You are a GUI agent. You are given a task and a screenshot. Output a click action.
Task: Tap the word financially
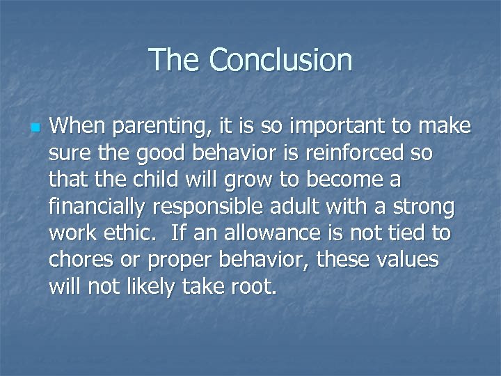click(x=100, y=206)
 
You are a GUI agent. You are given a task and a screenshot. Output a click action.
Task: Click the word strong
click(x=423, y=206)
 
